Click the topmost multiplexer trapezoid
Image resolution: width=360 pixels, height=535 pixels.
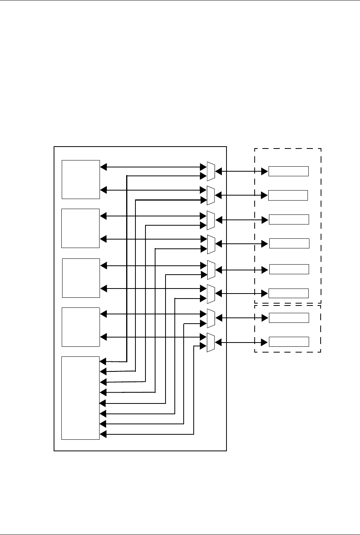(211, 171)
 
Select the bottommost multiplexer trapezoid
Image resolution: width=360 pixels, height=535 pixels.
(211, 342)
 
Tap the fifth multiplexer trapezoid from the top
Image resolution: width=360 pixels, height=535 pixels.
(211, 270)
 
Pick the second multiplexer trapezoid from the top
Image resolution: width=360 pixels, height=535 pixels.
(211, 195)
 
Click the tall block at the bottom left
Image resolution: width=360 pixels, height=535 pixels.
(81, 398)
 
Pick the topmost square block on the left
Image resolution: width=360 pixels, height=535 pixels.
(81, 179)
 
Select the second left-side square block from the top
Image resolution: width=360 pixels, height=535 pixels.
(81, 228)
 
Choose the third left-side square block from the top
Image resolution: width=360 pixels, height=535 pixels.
(81, 278)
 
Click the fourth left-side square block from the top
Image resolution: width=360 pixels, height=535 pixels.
(81, 327)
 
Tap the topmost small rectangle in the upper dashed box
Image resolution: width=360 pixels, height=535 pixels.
(289, 171)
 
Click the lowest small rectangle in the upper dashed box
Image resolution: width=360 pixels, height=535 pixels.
(289, 293)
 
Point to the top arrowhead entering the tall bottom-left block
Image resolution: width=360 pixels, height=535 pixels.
(103, 361)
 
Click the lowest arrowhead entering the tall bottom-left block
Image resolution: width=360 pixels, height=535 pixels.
(103, 434)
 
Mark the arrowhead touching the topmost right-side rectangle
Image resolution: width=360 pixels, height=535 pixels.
(265, 171)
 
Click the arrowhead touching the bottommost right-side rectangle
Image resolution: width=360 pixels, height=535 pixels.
(265, 342)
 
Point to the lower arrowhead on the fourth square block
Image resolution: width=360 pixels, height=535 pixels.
(103, 338)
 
